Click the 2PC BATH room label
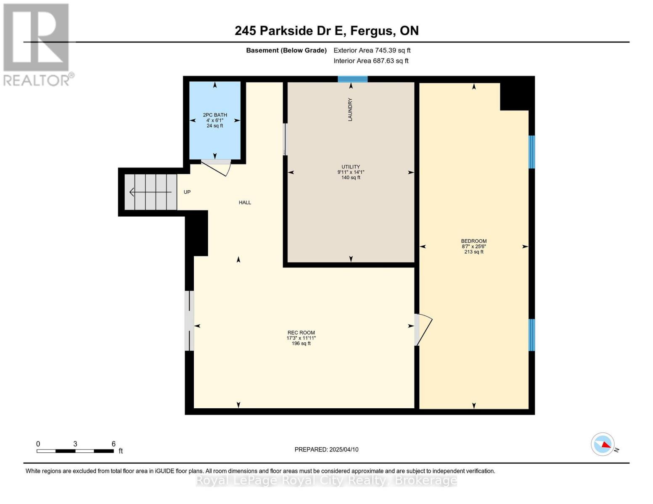tap(214, 115)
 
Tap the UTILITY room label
tap(351, 167)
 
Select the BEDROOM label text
tap(474, 241)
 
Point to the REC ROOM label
tap(301, 333)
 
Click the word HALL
tap(245, 202)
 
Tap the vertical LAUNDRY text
tap(350, 110)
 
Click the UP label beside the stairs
tap(187, 192)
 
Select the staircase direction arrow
tap(150, 192)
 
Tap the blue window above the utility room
tap(352, 79)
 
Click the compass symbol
tap(603, 444)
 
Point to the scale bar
tap(75, 451)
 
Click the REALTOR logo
tap(37, 45)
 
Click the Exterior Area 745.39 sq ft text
tap(372, 50)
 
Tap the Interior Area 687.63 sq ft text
tap(371, 61)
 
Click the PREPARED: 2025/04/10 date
tap(326, 449)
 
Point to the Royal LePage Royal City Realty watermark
tap(326, 480)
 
